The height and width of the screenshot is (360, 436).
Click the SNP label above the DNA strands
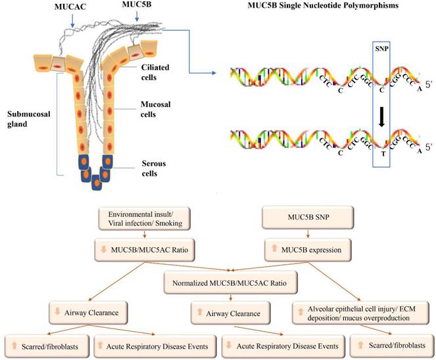pos(381,50)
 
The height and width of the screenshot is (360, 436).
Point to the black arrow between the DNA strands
pos(381,116)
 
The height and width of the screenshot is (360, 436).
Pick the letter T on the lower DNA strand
pos(381,155)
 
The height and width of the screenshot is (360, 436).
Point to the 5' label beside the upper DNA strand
pos(429,84)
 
